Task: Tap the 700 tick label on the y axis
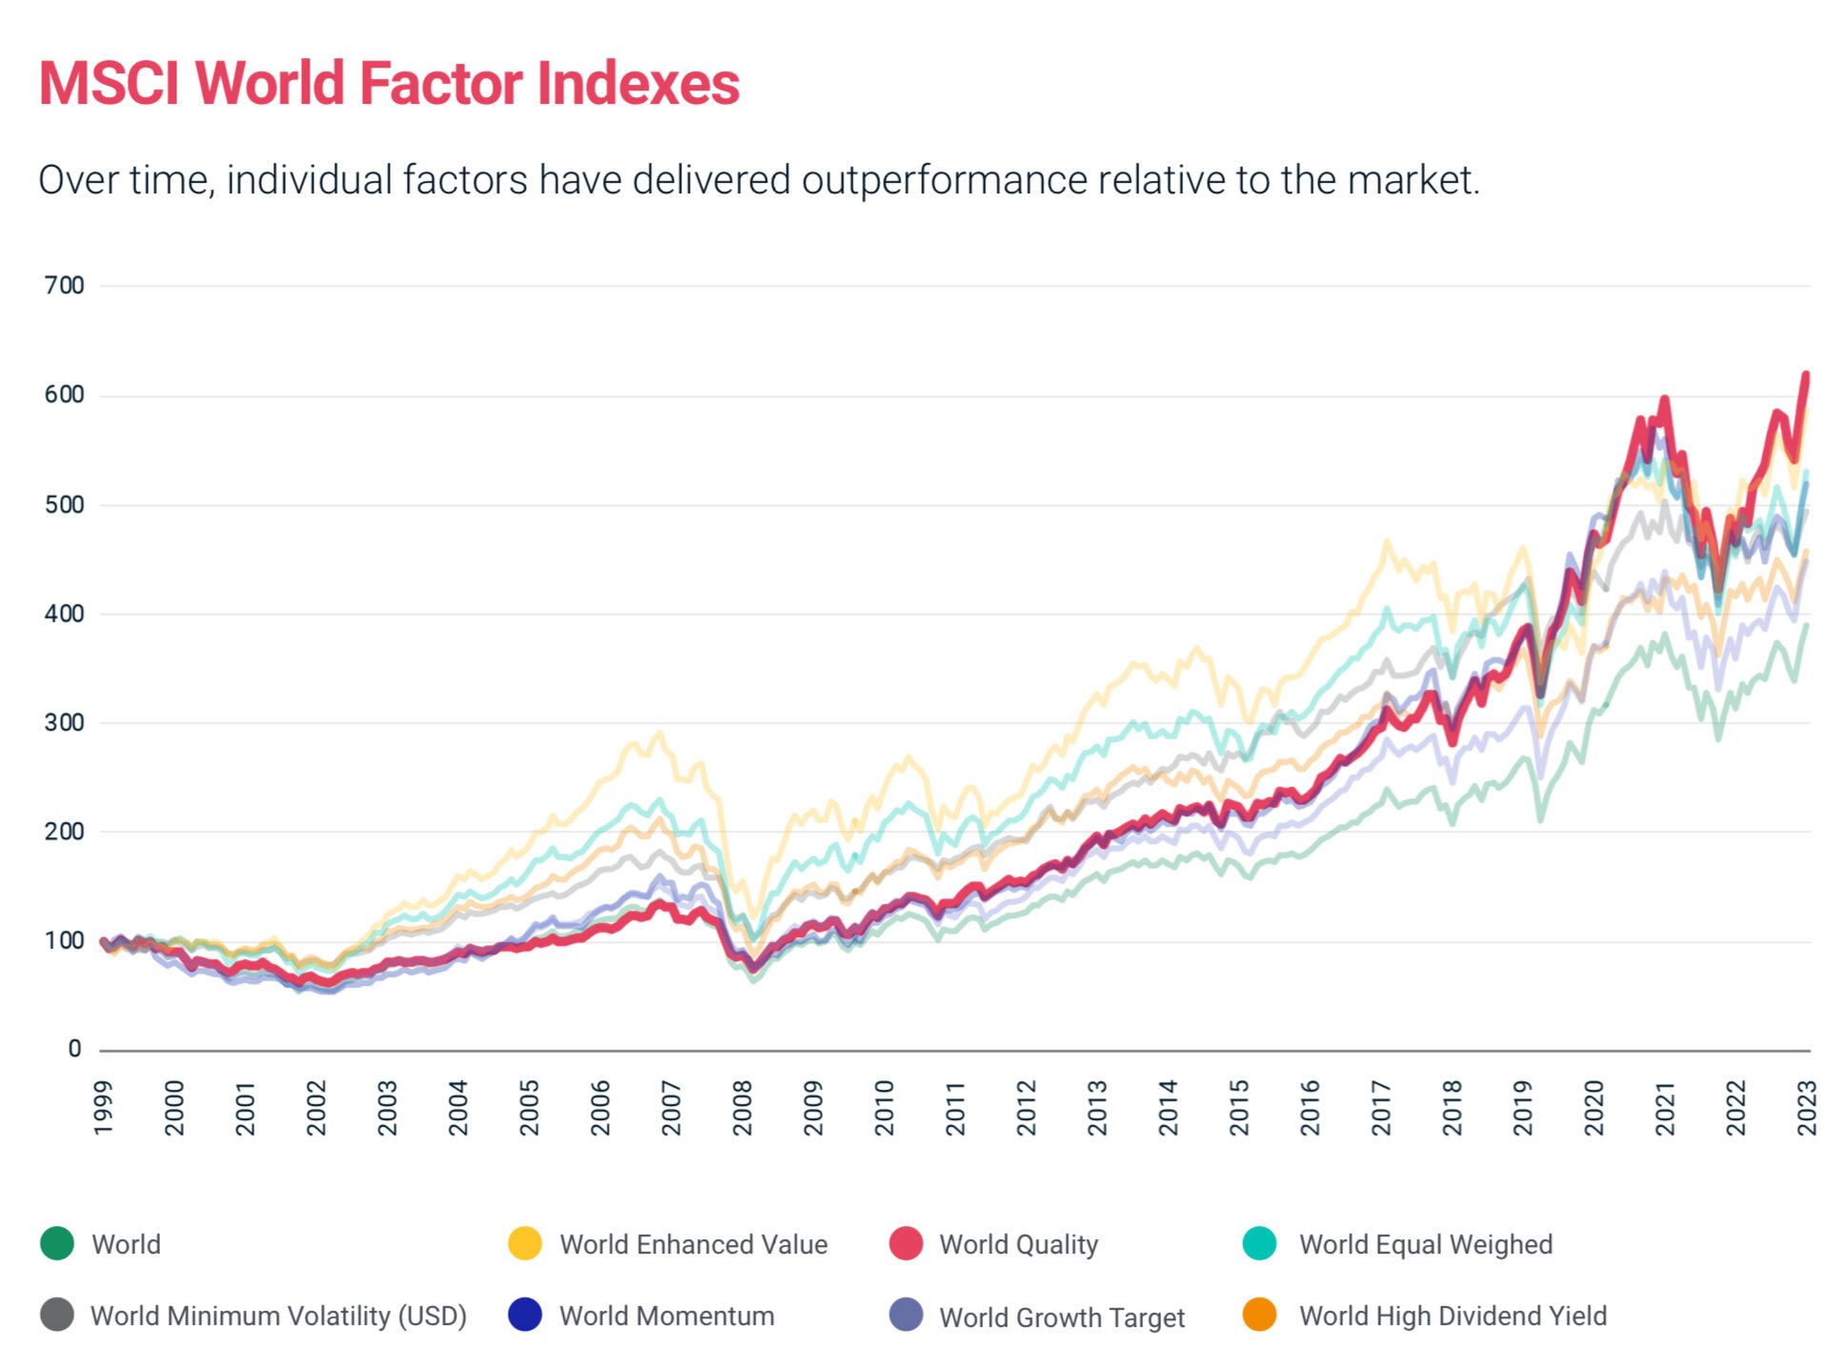pyautogui.click(x=64, y=286)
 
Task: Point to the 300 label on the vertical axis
pyautogui.click(x=64, y=723)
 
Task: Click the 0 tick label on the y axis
pyautogui.click(x=74, y=1050)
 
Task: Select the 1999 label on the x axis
pyautogui.click(x=103, y=1108)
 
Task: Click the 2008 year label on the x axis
pyautogui.click(x=742, y=1108)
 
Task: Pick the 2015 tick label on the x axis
pyautogui.click(x=1238, y=1108)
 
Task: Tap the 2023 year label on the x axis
pyautogui.click(x=1806, y=1108)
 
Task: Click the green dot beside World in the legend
pyautogui.click(x=57, y=1244)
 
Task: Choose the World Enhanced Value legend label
pyautogui.click(x=692, y=1245)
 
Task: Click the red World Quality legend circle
pyautogui.click(x=905, y=1244)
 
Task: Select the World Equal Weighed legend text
pyautogui.click(x=1425, y=1245)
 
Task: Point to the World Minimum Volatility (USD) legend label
pyautogui.click(x=278, y=1316)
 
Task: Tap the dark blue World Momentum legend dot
pyautogui.click(x=525, y=1316)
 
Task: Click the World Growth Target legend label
pyautogui.click(x=1061, y=1317)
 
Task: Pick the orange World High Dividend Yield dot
pyautogui.click(x=1259, y=1316)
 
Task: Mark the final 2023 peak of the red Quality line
pyautogui.click(x=1806, y=375)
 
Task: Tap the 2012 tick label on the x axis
pyautogui.click(x=1026, y=1108)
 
